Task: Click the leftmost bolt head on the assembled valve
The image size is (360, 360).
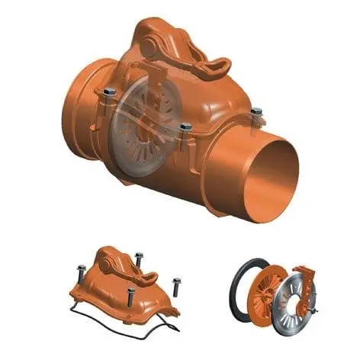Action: coord(109,92)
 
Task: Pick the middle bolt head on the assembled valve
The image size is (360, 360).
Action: coord(185,127)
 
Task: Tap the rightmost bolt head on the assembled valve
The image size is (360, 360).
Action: coord(256,111)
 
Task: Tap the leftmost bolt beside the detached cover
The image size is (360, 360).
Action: coord(82,272)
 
